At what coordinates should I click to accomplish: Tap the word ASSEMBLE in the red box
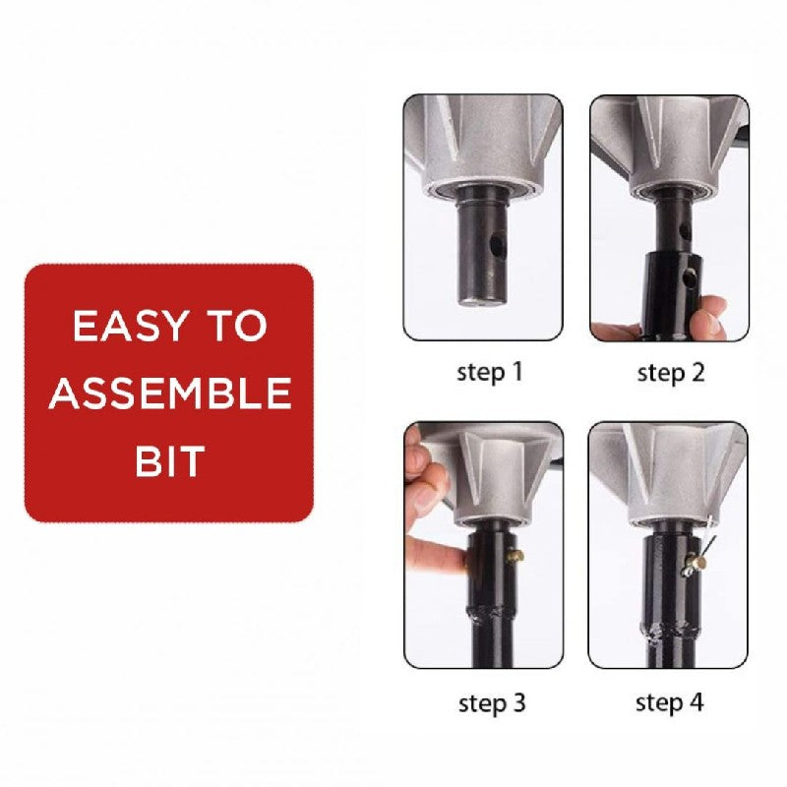coord(169,393)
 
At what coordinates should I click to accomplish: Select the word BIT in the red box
coord(169,459)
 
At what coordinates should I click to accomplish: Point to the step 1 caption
coord(489,373)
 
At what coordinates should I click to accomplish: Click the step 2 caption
coord(672,373)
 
